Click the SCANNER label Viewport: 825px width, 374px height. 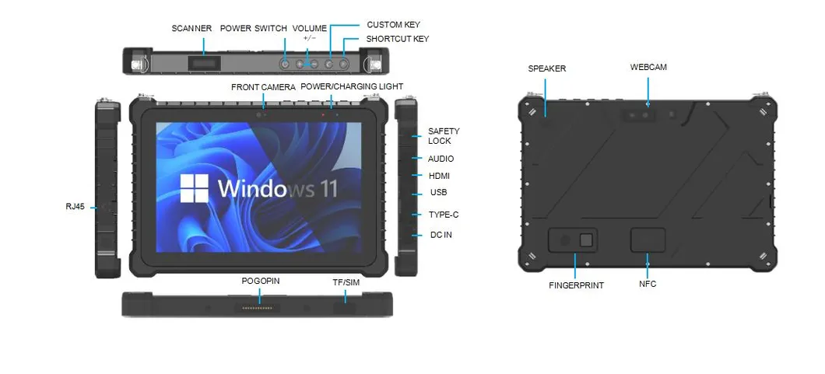[191, 29]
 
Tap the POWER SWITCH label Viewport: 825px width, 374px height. [252, 29]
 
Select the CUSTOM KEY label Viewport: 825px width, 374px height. [393, 25]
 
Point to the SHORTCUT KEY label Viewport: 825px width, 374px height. [397, 39]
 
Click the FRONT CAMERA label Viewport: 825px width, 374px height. [263, 87]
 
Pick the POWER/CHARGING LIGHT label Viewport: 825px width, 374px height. [352, 86]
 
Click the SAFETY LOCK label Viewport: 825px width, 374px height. [444, 136]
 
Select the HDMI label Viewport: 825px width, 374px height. [439, 176]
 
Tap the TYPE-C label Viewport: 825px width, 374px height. [443, 215]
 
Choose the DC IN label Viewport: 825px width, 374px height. [441, 234]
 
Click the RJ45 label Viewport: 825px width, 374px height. [75, 207]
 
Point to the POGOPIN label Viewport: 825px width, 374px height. [260, 281]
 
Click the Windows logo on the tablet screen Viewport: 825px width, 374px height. [195, 187]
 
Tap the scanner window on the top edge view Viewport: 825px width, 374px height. [205, 62]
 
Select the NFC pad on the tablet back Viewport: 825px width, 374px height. [648, 240]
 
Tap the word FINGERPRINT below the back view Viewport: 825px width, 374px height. [576, 285]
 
